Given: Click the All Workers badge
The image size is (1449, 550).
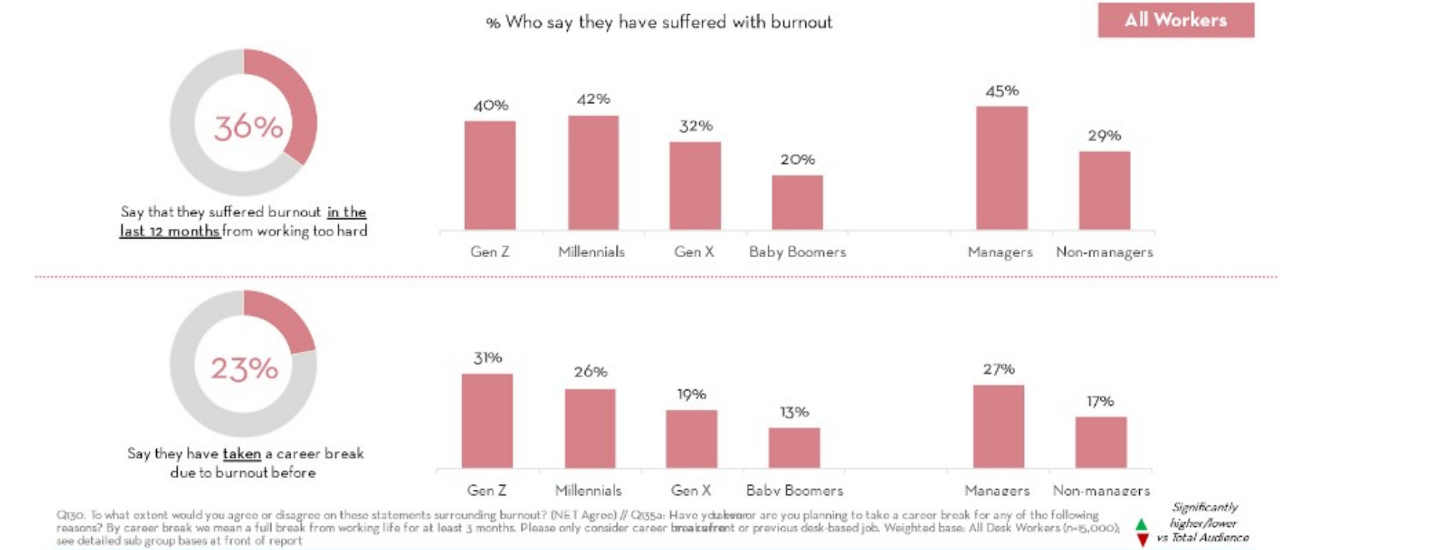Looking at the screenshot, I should tap(1176, 20).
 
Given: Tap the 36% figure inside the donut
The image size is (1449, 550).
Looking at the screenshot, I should tap(248, 127).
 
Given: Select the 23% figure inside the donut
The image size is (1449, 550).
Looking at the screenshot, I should tap(244, 369).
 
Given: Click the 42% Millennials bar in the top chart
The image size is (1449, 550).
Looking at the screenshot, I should tap(593, 172).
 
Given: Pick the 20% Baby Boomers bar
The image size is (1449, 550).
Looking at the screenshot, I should tap(797, 202).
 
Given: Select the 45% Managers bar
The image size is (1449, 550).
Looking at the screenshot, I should tap(1002, 168).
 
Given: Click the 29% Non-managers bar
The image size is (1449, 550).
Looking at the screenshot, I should tap(1104, 190).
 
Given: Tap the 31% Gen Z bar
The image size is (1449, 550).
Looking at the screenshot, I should tap(487, 421).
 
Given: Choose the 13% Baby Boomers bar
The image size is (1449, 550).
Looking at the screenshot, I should tap(794, 447).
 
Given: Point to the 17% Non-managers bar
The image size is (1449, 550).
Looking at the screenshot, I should tap(1100, 442).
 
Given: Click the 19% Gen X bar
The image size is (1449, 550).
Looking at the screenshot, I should tap(691, 439).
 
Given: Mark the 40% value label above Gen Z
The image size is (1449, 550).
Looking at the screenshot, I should tap(490, 106).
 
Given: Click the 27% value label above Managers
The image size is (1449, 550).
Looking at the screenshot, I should tap(999, 369).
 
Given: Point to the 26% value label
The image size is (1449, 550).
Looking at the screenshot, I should tap(590, 372).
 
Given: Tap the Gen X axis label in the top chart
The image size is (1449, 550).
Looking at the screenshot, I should tap(694, 252).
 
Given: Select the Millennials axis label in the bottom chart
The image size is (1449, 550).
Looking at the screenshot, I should tap(588, 491).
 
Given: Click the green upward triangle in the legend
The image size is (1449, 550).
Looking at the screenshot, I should tap(1141, 525).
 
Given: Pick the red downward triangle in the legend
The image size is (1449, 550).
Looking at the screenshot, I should tap(1142, 540).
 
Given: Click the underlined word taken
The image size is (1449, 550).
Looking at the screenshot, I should tap(241, 453).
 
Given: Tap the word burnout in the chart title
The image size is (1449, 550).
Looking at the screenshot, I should tap(801, 22).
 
